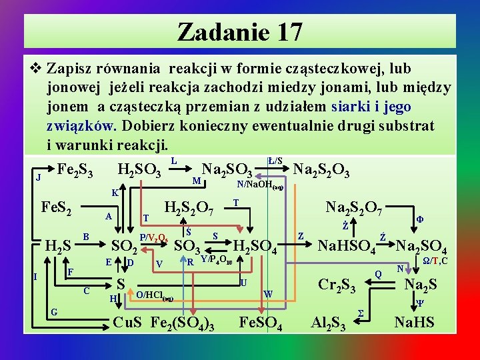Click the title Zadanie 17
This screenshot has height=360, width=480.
(240, 31)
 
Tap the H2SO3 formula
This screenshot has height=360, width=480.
(139, 172)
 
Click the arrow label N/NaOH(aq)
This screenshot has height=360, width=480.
(259, 187)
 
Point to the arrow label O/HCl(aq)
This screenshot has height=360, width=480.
(154, 296)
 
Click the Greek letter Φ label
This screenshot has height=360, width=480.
(420, 218)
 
